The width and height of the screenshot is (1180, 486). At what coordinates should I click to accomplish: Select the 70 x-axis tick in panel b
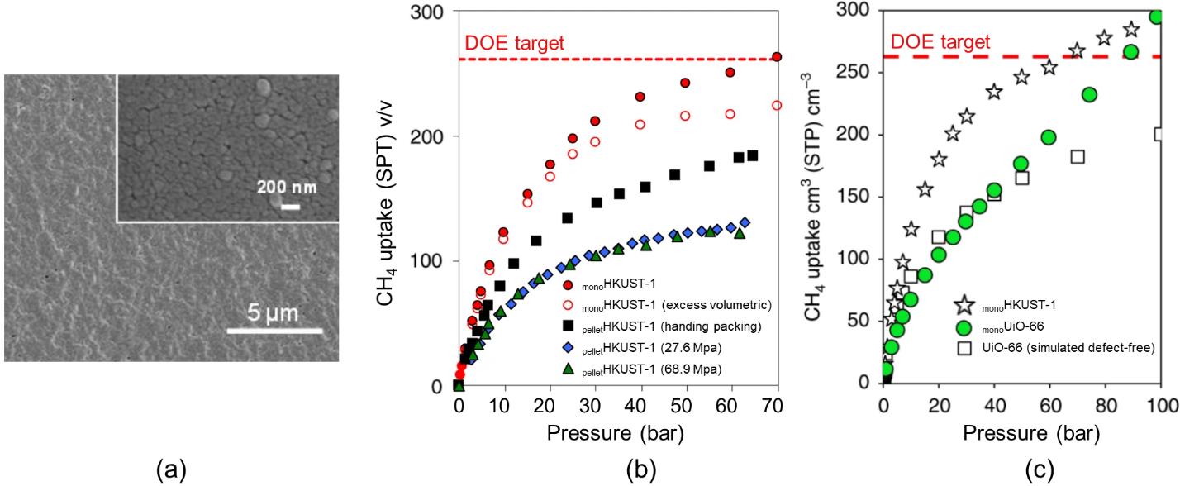[x=776, y=407]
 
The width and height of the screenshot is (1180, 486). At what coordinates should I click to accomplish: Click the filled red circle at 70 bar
[x=776, y=57]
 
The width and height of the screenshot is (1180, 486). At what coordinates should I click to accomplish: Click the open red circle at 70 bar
[x=776, y=105]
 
